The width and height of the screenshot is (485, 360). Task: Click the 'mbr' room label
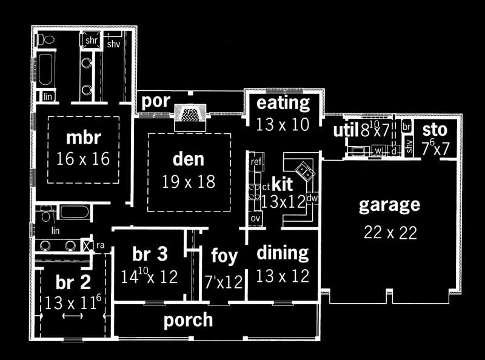point(83,138)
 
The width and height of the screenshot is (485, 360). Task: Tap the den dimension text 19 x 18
point(189,181)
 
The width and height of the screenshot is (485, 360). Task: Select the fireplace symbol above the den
point(190,114)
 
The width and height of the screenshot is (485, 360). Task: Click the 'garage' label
point(389,205)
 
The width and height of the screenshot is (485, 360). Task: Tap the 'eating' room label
point(283,103)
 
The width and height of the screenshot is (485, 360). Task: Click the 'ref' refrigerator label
point(256,162)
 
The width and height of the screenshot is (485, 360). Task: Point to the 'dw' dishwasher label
point(312,198)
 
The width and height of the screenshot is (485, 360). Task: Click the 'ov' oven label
point(255,218)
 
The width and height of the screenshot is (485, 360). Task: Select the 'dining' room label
point(283,253)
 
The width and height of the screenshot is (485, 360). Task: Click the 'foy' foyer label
point(224,256)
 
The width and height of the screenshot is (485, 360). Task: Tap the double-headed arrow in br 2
point(73,316)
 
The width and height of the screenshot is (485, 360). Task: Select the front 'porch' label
point(188,320)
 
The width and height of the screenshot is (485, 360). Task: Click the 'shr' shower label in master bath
point(91,40)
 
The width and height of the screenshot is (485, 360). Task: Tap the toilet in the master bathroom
point(46,40)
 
